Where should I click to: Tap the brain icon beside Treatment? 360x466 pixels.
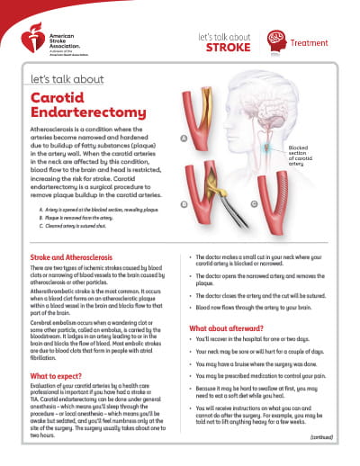point(276,39)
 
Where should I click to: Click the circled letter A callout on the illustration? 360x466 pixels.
point(184,139)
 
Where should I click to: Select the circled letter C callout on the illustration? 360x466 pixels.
point(255,204)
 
